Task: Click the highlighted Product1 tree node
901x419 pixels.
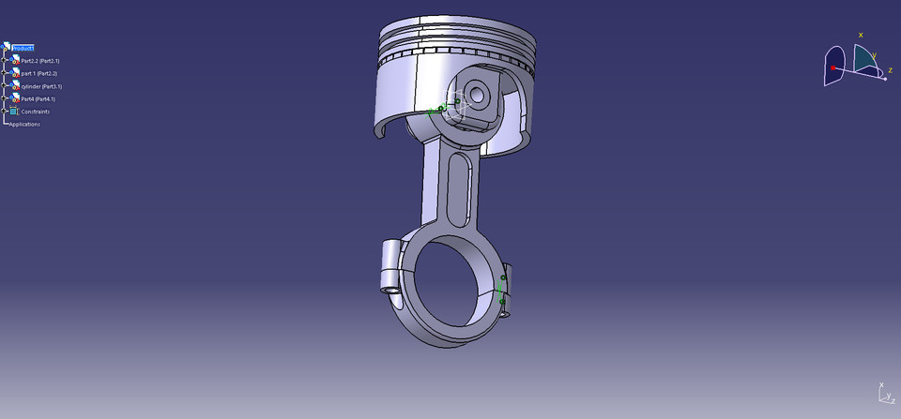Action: [x=23, y=48]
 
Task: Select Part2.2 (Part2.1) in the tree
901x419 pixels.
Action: [x=39, y=61]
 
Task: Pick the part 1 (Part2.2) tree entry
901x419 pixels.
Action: [x=39, y=73]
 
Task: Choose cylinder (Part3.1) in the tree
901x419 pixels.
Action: [x=41, y=86]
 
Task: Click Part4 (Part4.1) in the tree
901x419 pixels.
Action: [x=38, y=98]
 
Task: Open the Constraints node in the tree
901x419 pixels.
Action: [x=36, y=112]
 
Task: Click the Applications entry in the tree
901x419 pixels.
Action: [x=24, y=124]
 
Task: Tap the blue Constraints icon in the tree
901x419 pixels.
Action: [x=13, y=112]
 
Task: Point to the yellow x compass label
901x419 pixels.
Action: [x=861, y=36]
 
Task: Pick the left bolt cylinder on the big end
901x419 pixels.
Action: [x=391, y=265]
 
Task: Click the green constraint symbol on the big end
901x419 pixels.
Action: [x=502, y=290]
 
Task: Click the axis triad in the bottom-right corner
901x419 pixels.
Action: [x=882, y=394]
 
